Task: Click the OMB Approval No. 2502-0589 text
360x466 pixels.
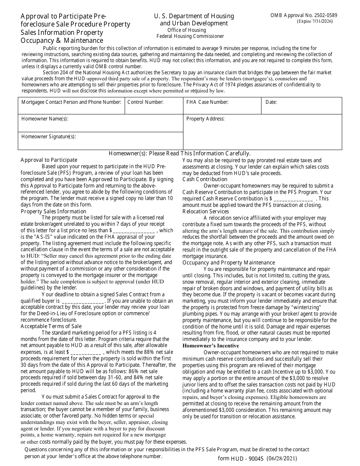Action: click(304, 16)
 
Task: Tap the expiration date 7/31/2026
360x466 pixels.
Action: click(317, 22)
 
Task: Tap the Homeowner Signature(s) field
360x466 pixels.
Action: click(100, 141)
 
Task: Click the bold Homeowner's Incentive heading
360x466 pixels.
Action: click(211, 346)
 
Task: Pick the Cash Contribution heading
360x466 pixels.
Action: click(205, 179)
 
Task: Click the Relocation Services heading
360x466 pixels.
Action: click(206, 211)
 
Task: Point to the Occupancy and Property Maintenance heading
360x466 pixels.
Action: click(229, 263)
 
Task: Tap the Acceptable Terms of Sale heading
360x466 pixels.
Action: click(51, 326)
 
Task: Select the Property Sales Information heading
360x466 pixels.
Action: click(53, 211)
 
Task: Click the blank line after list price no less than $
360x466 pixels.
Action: click(133, 231)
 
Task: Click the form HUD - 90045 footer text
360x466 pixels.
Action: click(257, 458)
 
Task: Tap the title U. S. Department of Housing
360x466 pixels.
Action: click(194, 16)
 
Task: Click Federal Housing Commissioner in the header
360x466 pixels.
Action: click(190, 36)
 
